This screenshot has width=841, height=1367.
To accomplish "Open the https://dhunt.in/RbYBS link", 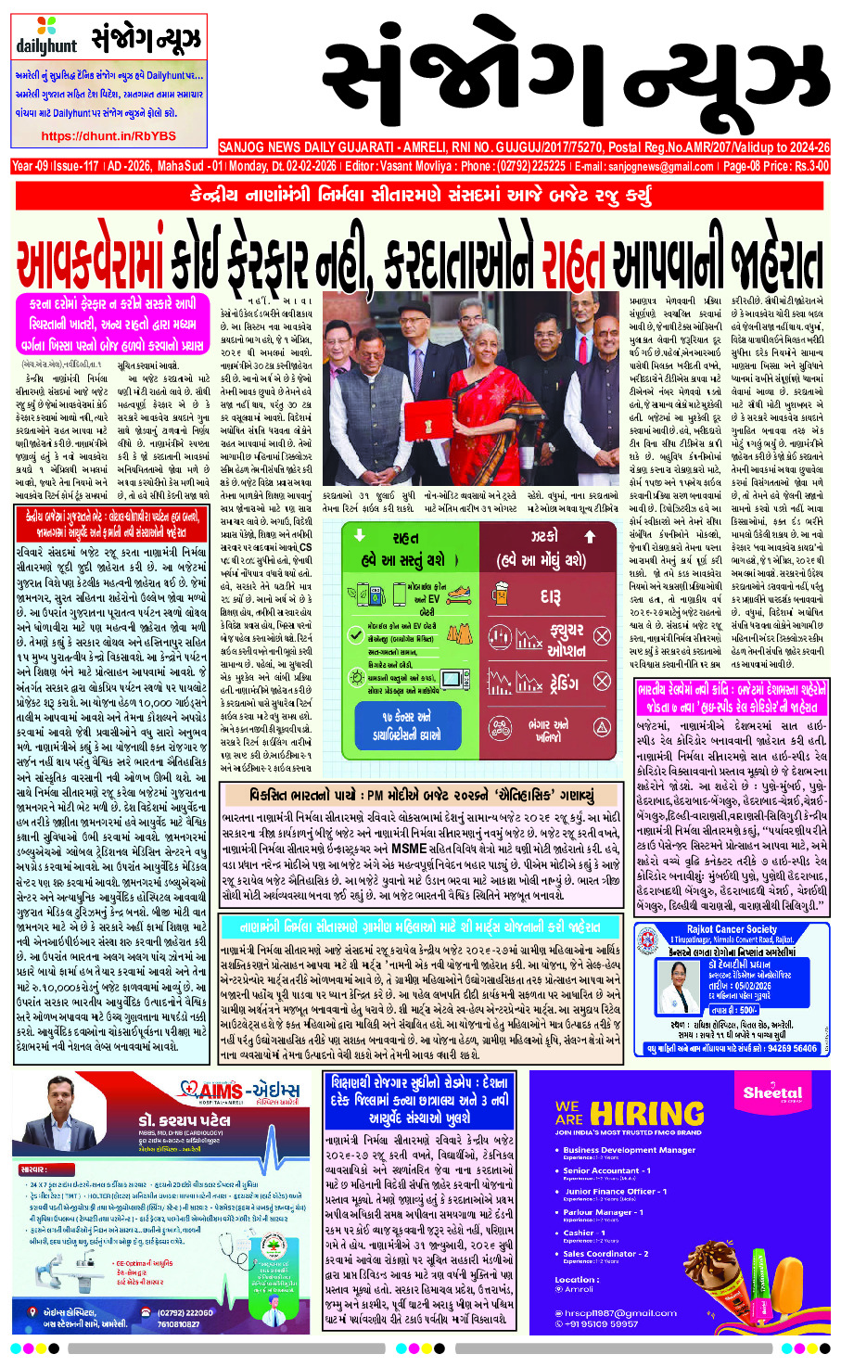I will [108, 136].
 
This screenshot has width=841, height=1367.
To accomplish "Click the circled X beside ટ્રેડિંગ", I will [601, 682].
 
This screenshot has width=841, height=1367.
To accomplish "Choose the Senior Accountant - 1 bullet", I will [607, 1170].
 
